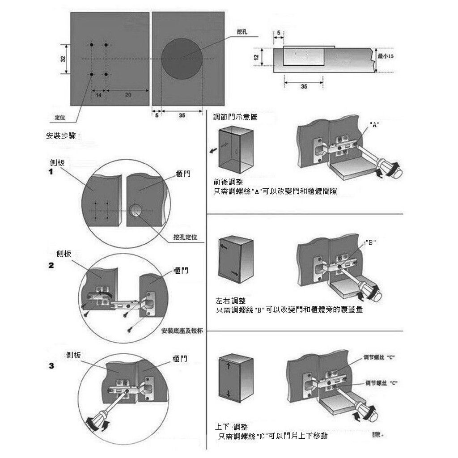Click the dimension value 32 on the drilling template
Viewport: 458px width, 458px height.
pyautogui.click(x=63, y=59)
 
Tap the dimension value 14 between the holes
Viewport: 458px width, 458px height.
pyautogui.click(x=98, y=95)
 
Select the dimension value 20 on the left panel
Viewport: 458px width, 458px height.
pyautogui.click(x=127, y=95)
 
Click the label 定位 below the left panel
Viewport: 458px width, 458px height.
pyautogui.click(x=60, y=118)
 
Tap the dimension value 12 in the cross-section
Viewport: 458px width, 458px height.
pyautogui.click(x=256, y=57)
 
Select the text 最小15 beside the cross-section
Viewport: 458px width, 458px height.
pyautogui.click(x=385, y=56)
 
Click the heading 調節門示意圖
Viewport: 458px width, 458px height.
pyautogui.click(x=236, y=117)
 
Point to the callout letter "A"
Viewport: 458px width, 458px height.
pyautogui.click(x=375, y=125)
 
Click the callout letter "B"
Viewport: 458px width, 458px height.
pyautogui.click(x=371, y=242)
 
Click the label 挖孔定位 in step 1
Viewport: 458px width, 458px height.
pyautogui.click(x=185, y=237)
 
